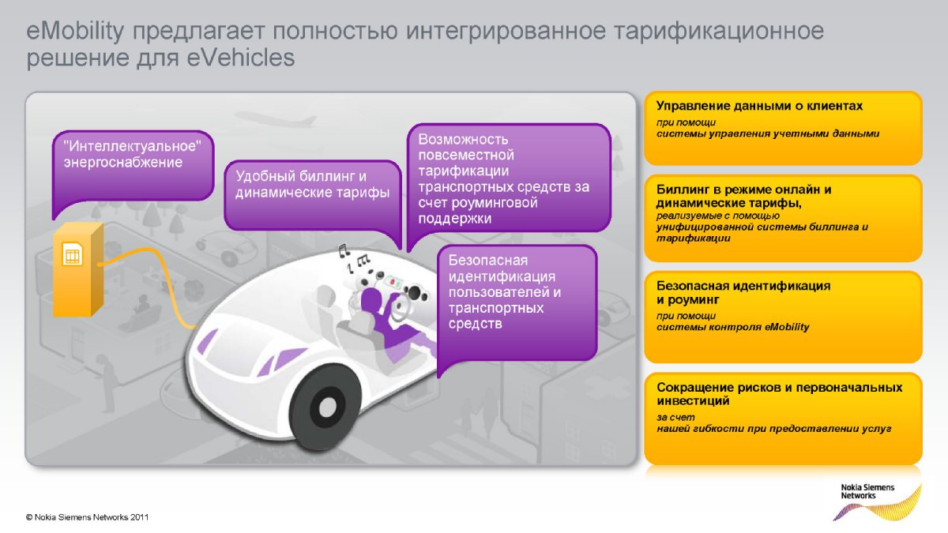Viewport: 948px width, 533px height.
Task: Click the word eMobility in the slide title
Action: coord(75,32)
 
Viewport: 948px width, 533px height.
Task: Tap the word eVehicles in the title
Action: coord(240,58)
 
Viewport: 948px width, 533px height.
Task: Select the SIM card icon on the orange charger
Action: coord(73,254)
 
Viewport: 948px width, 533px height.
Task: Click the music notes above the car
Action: coord(353,257)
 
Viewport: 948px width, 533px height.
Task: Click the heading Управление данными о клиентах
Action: coord(759,106)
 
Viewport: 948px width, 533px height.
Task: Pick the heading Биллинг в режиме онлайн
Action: coord(743,190)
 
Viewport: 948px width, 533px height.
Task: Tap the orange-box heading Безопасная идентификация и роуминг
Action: coord(743,293)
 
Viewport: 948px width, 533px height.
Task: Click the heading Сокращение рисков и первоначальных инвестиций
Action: coord(779,394)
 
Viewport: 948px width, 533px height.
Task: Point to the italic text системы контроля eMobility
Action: coord(732,327)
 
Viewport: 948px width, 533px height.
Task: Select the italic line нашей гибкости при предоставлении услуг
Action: coord(773,429)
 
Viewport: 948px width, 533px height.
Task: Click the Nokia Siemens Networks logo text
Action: coord(867,491)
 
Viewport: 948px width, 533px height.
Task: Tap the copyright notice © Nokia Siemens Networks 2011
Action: coord(87,517)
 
